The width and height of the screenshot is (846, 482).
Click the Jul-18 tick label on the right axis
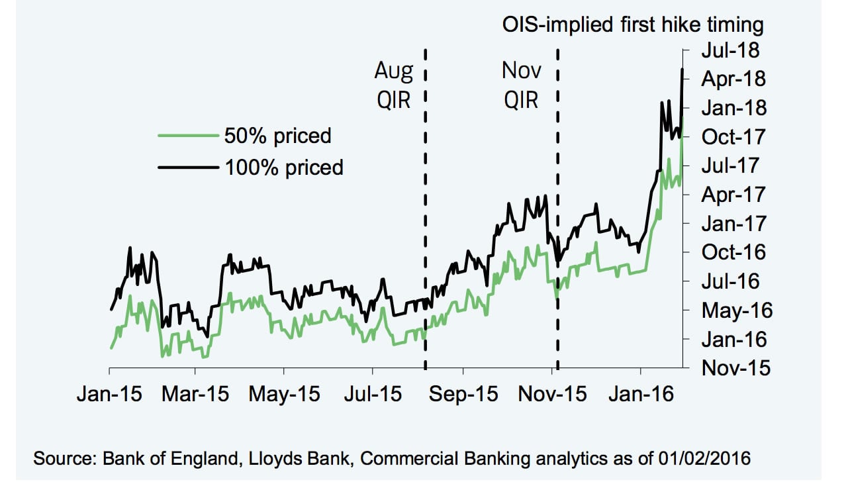[x=730, y=50]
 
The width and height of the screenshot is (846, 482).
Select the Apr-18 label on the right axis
[x=733, y=79]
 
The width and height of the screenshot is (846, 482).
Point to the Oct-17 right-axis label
[x=733, y=136]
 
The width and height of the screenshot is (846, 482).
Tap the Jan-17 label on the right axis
[x=733, y=223]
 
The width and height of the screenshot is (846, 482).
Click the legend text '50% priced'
[x=277, y=136]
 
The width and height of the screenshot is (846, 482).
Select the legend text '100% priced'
[x=284, y=167]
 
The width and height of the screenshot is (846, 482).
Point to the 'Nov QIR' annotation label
[x=521, y=85]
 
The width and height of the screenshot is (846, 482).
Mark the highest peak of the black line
[x=682, y=69]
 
